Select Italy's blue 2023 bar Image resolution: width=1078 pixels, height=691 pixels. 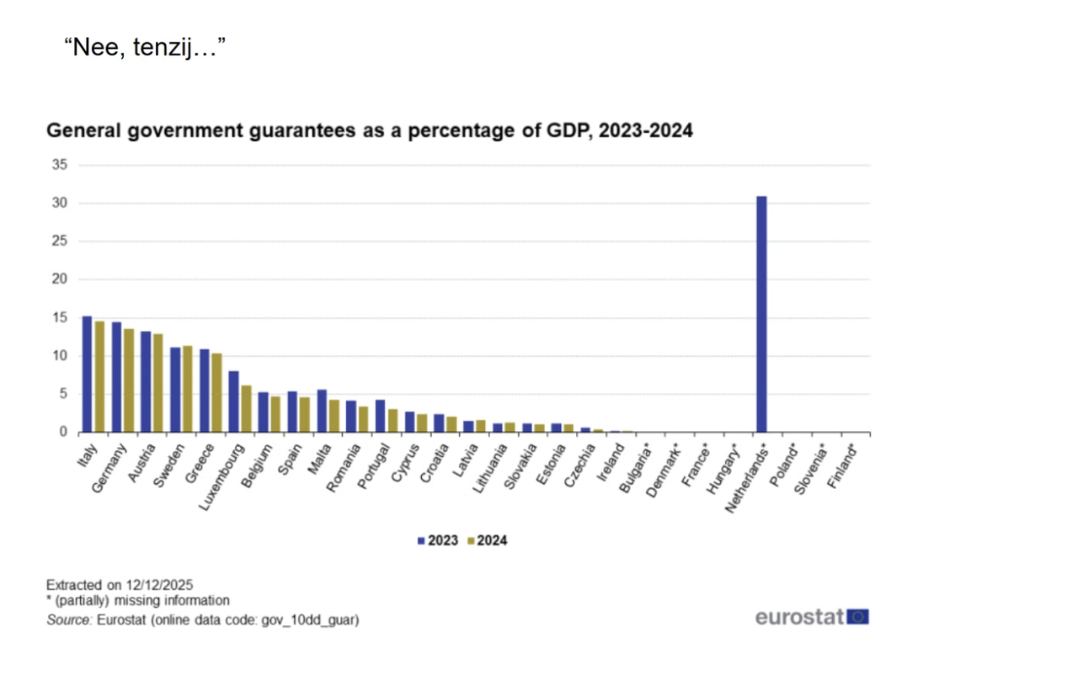coord(87,375)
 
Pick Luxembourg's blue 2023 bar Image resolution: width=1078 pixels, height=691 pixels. coord(233,401)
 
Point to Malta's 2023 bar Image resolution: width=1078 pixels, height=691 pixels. coord(322,411)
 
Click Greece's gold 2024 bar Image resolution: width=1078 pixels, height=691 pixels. coord(216,392)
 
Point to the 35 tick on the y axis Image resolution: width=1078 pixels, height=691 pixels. coord(60,165)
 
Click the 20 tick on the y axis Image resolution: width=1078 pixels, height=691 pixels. coord(60,279)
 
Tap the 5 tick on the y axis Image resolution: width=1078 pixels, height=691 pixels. coord(63,394)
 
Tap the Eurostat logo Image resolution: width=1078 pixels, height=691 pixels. coord(812,617)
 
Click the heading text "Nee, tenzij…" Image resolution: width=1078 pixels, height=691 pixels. coord(146,47)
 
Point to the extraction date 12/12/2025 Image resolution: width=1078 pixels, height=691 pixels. coord(161,583)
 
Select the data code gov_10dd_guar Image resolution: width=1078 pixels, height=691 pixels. coord(313,620)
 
